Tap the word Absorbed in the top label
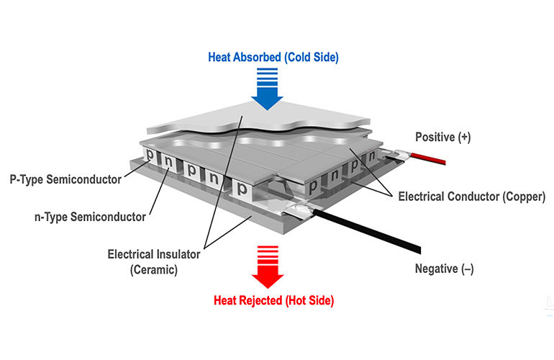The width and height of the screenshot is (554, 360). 257,55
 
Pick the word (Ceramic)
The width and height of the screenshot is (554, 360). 153,270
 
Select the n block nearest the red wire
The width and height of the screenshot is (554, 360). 372,156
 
